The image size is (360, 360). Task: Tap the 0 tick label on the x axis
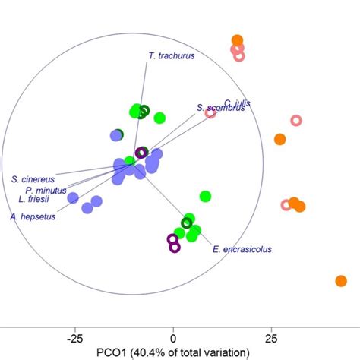pyautogui.click(x=173, y=337)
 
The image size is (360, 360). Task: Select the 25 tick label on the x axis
pyautogui.click(x=271, y=337)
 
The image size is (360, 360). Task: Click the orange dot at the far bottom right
pyautogui.click(x=341, y=281)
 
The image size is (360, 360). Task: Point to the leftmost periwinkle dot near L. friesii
pyautogui.click(x=73, y=198)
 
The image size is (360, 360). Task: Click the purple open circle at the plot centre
pyautogui.click(x=141, y=153)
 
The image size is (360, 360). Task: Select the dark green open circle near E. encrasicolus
pyautogui.click(x=186, y=223)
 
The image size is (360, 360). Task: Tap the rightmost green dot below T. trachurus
pyautogui.click(x=159, y=118)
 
